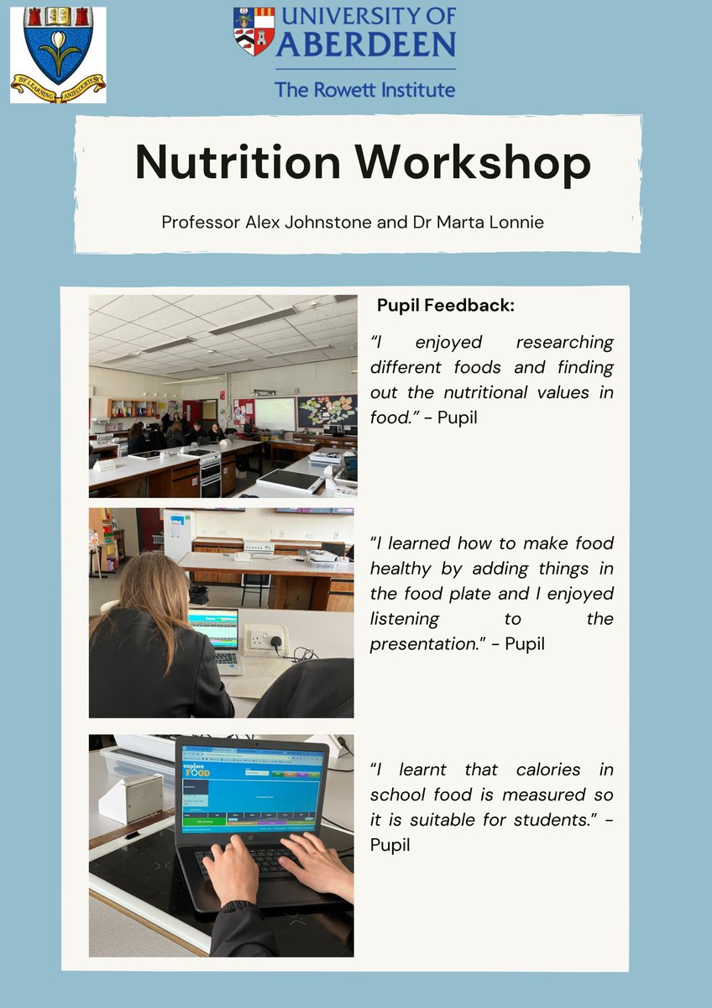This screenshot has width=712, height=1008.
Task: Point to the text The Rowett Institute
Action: [x=364, y=88]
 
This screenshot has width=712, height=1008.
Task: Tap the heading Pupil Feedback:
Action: [x=445, y=306]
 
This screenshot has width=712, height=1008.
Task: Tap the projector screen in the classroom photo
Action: [x=275, y=412]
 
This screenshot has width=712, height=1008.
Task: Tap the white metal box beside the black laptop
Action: [x=131, y=795]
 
